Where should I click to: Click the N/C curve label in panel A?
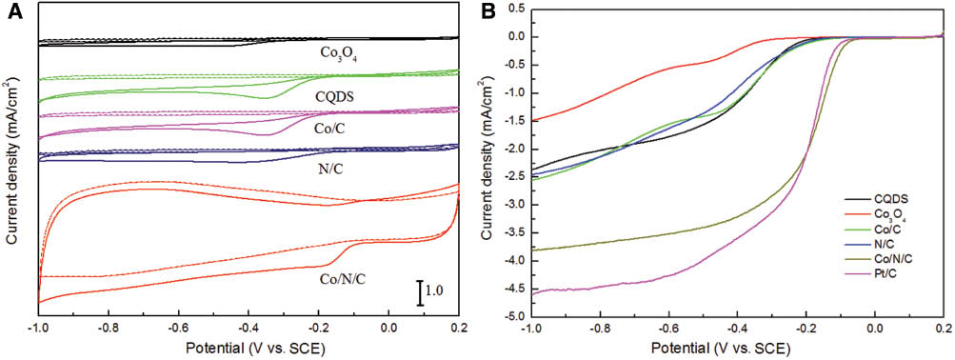[328, 170]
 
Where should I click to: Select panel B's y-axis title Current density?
[487, 162]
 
